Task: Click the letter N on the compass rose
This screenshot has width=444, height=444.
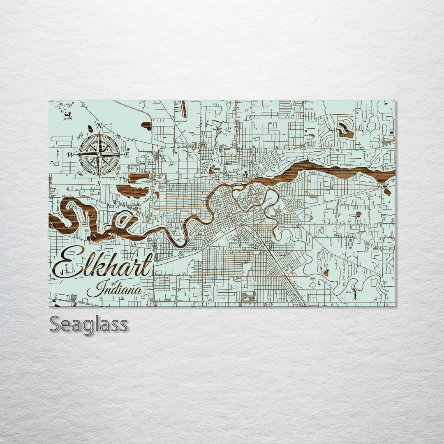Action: pyautogui.click(x=99, y=125)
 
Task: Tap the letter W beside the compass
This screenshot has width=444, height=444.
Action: pyautogui.click(x=70, y=155)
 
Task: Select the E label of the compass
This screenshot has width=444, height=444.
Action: pyautogui.click(x=127, y=155)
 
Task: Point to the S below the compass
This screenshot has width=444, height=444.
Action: pyautogui.click(x=98, y=183)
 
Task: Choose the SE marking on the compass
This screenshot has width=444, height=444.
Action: pyautogui.click(x=118, y=173)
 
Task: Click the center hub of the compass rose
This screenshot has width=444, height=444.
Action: pyautogui.click(x=99, y=155)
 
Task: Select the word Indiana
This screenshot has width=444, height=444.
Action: pyautogui.click(x=115, y=289)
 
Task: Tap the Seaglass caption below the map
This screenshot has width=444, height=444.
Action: pyautogui.click(x=88, y=325)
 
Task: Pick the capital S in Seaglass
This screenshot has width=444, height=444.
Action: pyautogui.click(x=56, y=325)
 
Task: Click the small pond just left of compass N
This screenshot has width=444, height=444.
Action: pyautogui.click(x=90, y=129)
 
